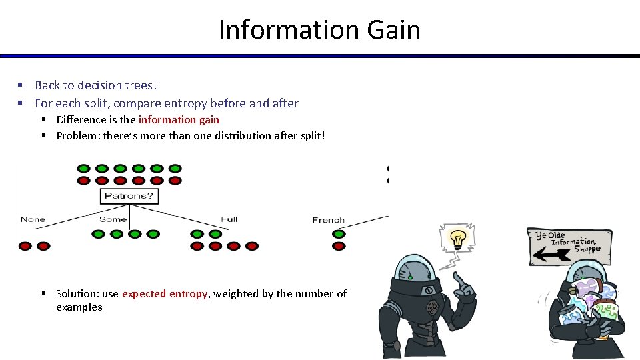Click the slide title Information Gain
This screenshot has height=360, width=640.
[319, 30]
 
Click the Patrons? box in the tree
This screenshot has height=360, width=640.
[129, 196]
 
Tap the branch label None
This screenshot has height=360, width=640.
[33, 219]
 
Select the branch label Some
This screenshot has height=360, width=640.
[113, 219]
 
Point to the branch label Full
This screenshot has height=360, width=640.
[229, 219]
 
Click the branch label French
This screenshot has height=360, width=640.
[328, 220]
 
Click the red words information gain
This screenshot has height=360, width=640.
[179, 120]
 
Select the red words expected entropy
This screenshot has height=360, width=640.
[165, 294]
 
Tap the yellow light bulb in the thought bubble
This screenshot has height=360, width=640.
[457, 237]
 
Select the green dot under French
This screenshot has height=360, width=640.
[339, 233]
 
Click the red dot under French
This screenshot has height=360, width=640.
[339, 246]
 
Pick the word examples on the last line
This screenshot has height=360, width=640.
[79, 307]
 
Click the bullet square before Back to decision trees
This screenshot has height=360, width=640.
[21, 85]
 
